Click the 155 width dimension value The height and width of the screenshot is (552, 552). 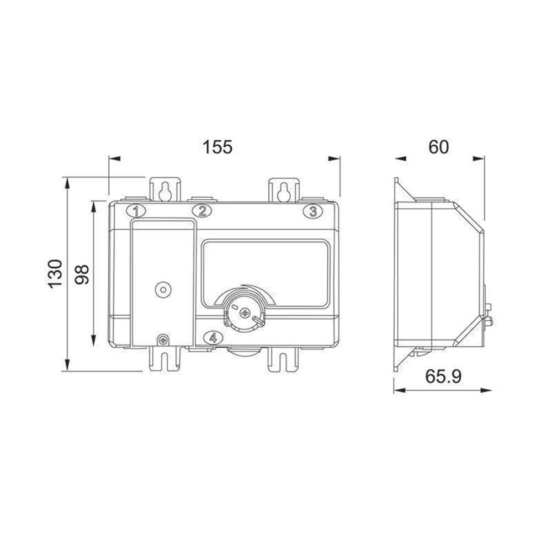coord(217,147)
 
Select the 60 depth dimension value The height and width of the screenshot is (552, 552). coord(439,147)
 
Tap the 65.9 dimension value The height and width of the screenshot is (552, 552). coord(443,376)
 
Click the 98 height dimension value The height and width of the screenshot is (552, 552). coord(82,274)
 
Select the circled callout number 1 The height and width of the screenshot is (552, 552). coord(136,210)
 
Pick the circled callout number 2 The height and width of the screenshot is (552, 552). coord(202,210)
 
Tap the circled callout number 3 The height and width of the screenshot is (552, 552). coord(312,211)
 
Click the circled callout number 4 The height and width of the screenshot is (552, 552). coord(213,338)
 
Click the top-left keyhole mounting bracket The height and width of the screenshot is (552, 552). coord(164,190)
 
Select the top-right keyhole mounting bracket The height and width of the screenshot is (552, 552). coord(284,190)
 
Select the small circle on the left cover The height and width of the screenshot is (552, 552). coord(163,289)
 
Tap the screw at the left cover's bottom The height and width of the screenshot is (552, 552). coord(163,340)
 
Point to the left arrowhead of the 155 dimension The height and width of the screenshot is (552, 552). coord(114,159)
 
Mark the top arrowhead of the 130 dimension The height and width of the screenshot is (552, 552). coord(67,183)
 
